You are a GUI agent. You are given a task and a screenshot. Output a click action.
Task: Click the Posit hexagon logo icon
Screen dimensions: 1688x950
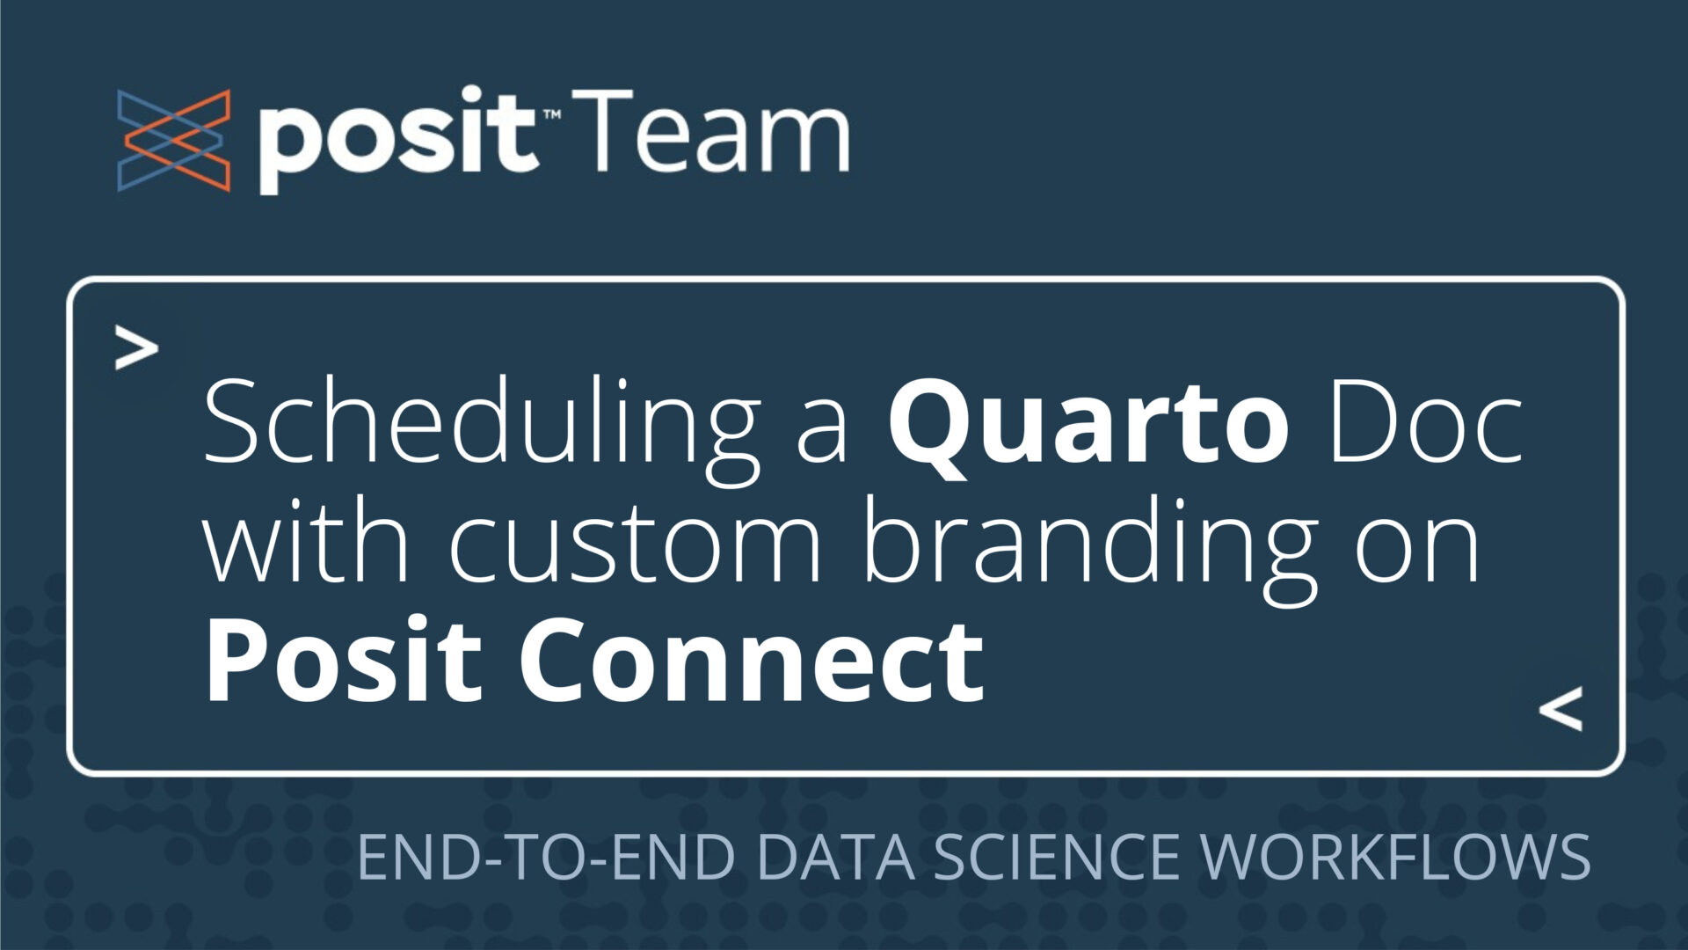click(173, 141)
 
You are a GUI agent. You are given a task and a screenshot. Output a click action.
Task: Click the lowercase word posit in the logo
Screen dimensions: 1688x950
click(397, 141)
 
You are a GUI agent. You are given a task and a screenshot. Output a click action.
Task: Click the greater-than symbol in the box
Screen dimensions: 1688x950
click(136, 349)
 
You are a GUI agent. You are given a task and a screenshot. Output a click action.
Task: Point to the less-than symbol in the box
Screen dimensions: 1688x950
click(1561, 709)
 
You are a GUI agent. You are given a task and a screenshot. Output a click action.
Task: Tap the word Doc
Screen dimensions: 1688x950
click(1425, 422)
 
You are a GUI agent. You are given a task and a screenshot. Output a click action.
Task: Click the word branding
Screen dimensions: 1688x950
click(1091, 544)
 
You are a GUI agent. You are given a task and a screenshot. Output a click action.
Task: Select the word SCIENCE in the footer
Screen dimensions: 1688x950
click(1055, 857)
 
